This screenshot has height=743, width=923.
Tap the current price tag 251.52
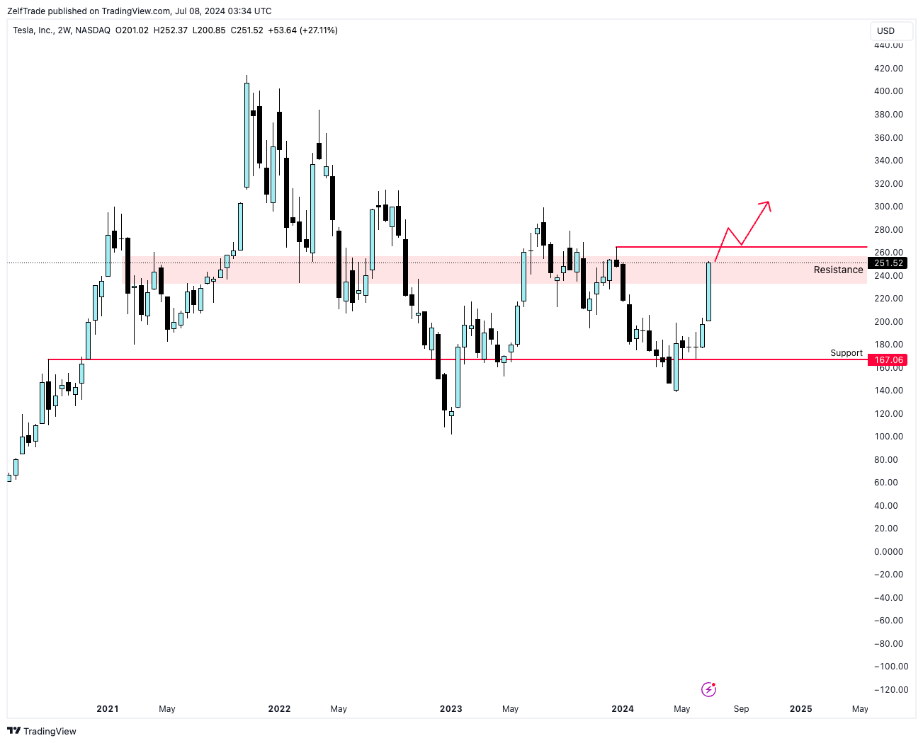(x=888, y=263)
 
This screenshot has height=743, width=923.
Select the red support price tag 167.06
(x=888, y=360)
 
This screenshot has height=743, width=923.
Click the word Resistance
(x=838, y=270)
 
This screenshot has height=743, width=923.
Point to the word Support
(x=846, y=353)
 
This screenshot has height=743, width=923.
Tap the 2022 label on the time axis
(x=279, y=708)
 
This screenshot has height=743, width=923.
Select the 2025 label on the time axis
(x=800, y=708)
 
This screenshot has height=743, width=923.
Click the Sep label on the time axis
(x=741, y=708)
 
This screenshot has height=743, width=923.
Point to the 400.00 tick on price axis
(x=888, y=91)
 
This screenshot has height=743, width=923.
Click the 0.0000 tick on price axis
(x=888, y=551)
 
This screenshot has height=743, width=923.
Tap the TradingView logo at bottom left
(x=42, y=731)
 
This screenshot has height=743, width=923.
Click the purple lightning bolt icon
(x=708, y=689)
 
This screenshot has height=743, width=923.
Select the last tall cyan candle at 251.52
(x=708, y=292)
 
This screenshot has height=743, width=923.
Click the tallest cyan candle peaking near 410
(x=247, y=134)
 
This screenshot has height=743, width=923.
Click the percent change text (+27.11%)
(x=318, y=30)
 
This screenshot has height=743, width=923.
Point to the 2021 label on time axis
(x=108, y=708)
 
